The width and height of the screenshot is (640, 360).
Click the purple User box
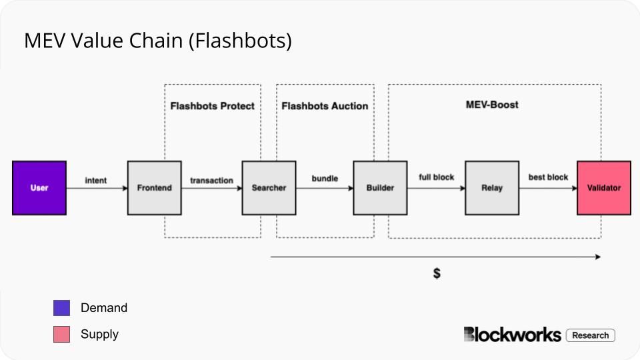39,188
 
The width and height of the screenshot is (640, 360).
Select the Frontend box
154,188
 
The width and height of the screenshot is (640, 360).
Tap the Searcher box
269,188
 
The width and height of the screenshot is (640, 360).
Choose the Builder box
380,188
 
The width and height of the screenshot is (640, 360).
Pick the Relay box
492,188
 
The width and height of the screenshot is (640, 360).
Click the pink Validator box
604,188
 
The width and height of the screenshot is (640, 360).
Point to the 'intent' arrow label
96,181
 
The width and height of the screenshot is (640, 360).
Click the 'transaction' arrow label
211,181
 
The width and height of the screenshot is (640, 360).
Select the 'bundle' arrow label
325,179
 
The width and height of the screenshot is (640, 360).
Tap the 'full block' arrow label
436,177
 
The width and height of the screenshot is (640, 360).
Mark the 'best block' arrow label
548,177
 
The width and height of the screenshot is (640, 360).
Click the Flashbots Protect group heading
212,106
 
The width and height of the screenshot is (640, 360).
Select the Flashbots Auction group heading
325,106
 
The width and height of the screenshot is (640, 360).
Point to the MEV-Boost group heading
491,105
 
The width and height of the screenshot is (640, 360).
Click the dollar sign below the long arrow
437,273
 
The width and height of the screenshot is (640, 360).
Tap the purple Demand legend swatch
61,308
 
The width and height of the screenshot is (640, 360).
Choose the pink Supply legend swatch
61,334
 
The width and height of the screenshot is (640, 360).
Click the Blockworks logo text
512,335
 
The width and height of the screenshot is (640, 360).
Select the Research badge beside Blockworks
590,335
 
